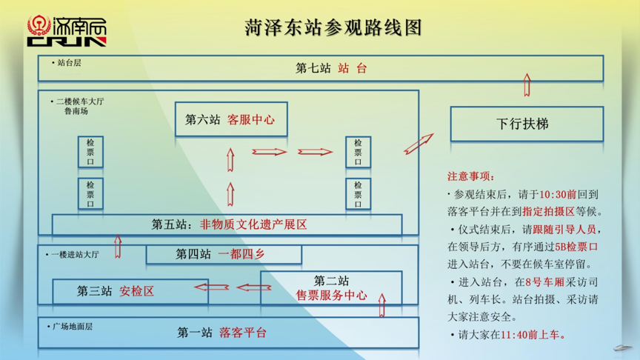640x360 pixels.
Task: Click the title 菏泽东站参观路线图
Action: tap(333, 28)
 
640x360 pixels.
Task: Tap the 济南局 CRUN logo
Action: tap(67, 31)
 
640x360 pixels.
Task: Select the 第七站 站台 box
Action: tap(320, 68)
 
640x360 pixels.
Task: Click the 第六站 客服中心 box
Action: tap(230, 119)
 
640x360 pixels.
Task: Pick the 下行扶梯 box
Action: tap(526, 124)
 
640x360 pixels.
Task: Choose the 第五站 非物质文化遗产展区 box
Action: tap(227, 224)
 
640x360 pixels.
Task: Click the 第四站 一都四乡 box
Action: tap(223, 255)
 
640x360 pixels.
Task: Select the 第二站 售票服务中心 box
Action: tap(331, 288)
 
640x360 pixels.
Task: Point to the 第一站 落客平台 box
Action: tap(228, 333)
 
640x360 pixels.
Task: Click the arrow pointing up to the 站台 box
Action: tap(527, 85)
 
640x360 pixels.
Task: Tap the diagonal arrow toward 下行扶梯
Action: tap(419, 144)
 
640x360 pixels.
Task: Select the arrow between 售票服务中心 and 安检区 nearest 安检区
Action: tap(211, 287)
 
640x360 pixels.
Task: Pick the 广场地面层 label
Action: tap(72, 326)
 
